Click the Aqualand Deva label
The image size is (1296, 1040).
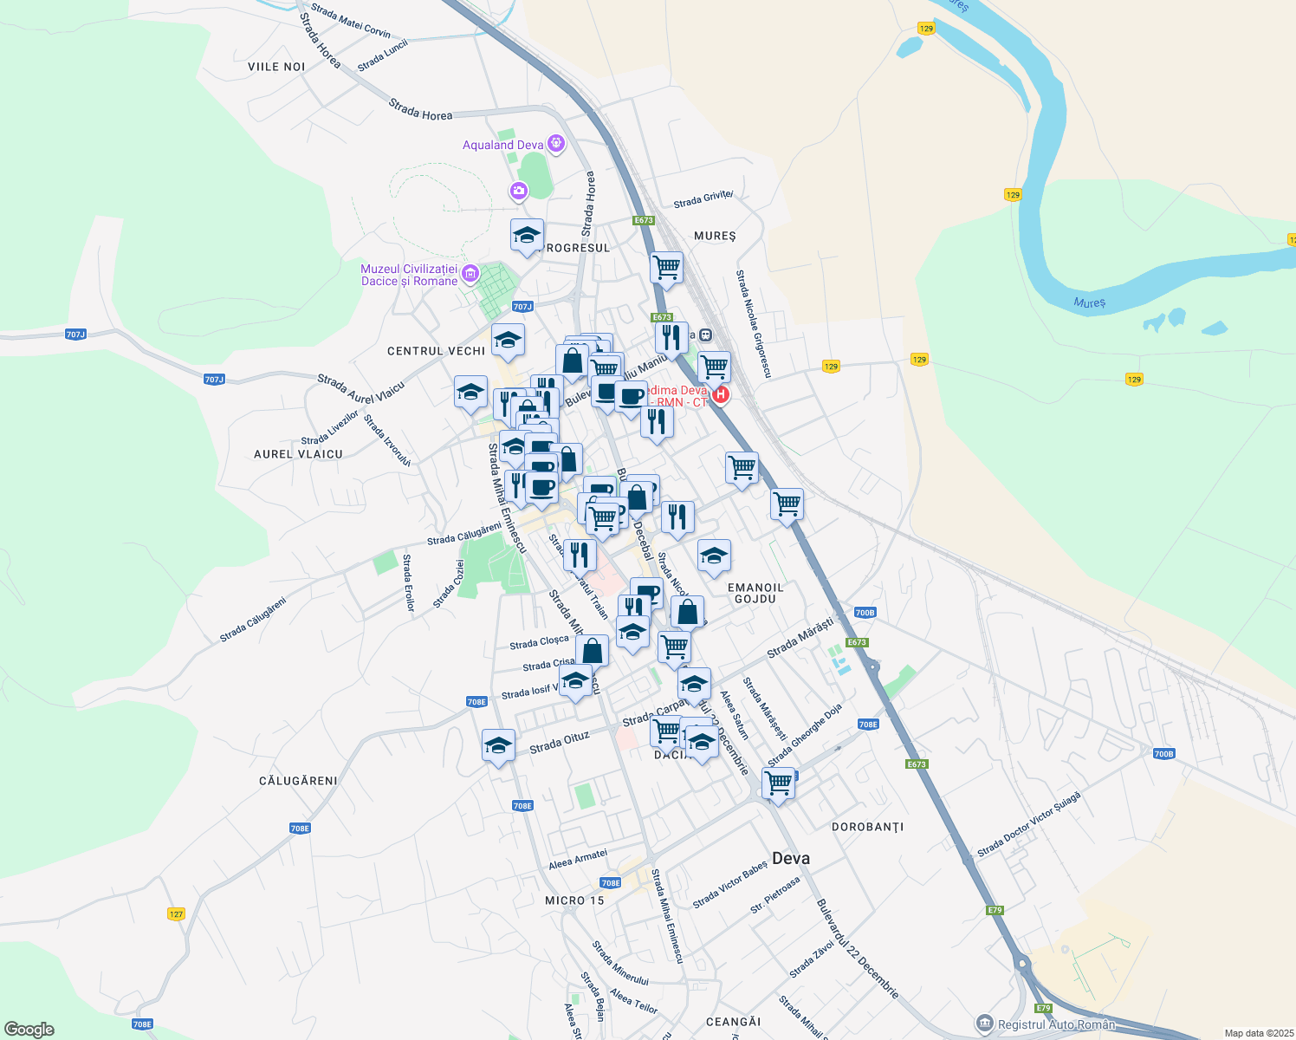point(502,145)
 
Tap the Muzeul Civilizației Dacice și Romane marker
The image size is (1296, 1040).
point(470,275)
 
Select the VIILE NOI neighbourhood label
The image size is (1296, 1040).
point(276,67)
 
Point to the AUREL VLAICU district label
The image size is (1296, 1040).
point(298,454)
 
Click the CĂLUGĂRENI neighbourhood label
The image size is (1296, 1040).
point(298,781)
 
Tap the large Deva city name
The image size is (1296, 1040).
point(790,858)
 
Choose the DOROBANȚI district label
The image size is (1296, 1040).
point(867,827)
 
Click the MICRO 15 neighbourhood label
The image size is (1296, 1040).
point(574,900)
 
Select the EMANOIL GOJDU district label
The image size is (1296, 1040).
point(755,593)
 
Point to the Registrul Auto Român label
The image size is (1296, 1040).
point(1056,1024)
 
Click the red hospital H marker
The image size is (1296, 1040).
point(720,395)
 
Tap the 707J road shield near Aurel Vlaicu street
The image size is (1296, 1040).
point(214,379)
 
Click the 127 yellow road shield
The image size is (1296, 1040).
point(176,913)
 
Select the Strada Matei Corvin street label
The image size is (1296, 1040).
point(351,21)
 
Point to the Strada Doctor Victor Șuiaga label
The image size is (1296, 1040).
point(1029,824)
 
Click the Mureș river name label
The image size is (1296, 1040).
point(1089,302)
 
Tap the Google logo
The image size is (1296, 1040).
point(29,1030)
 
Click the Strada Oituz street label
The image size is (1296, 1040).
point(559,742)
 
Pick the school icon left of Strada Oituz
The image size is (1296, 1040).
point(498,745)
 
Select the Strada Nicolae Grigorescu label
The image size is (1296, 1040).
point(753,323)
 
